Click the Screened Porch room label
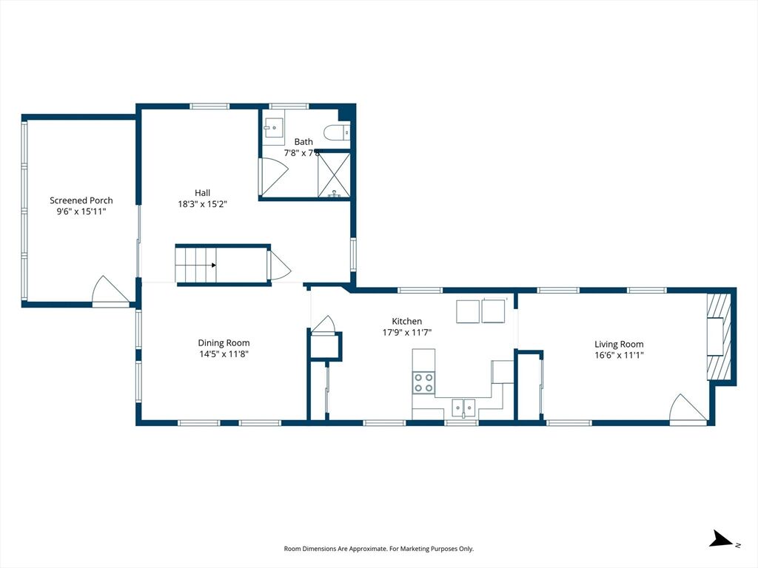[x=81, y=200]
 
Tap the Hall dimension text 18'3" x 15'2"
[x=203, y=204]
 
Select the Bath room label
[x=303, y=142]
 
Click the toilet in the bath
[x=338, y=132]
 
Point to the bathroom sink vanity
[x=274, y=128]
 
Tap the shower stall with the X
[x=334, y=175]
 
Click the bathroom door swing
[x=274, y=177]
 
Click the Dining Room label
[x=224, y=343]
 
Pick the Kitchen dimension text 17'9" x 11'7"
[x=407, y=332]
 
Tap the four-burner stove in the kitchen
[x=423, y=382]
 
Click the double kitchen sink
[x=463, y=408]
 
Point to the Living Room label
[x=619, y=345]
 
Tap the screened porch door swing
[x=111, y=291]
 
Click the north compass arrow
[x=722, y=538]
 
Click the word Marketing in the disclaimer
[x=415, y=549]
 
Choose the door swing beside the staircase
[x=279, y=265]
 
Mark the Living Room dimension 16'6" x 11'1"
[x=620, y=356]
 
